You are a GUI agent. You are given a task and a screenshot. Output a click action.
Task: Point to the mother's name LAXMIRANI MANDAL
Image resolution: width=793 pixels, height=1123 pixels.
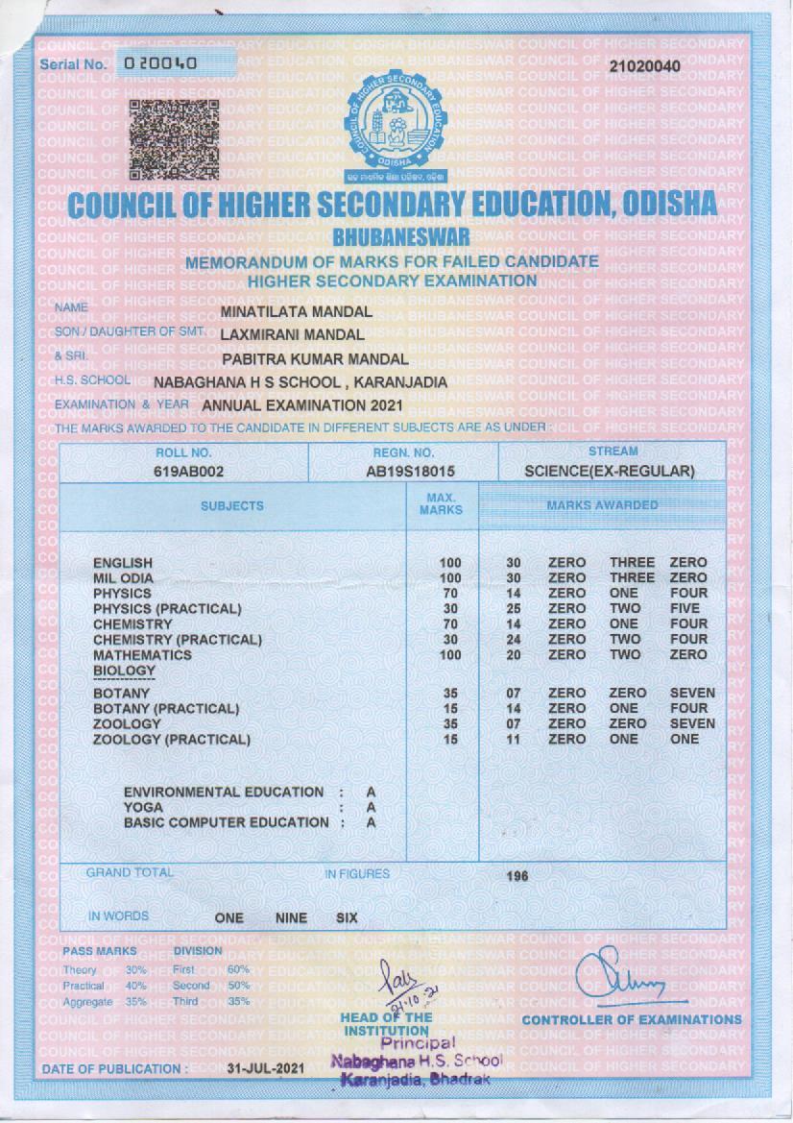point(292,335)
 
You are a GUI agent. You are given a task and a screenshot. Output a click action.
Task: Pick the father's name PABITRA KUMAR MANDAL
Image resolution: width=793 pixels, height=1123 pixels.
point(315,359)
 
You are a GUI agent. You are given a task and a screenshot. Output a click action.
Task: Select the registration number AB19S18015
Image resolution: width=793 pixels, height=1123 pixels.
point(403,472)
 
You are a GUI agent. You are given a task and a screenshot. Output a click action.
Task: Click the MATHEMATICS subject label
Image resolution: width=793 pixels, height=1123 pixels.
point(142,655)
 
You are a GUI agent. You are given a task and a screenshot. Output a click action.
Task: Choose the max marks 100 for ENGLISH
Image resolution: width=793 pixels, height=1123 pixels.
point(450,563)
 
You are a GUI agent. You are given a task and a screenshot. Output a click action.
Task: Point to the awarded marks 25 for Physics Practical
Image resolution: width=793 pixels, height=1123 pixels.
point(514,609)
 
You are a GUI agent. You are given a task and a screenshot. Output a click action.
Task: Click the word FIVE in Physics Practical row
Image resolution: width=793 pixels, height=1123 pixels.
point(685,609)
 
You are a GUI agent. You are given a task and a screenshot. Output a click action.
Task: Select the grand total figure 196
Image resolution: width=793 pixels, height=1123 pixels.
point(517,876)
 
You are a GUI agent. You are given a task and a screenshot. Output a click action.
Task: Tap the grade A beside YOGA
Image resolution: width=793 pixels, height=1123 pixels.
point(371,808)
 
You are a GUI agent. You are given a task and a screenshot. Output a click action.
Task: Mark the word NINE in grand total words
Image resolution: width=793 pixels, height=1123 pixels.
point(291,918)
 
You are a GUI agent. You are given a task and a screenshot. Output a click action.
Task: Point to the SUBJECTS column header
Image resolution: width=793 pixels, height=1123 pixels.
point(231,505)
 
